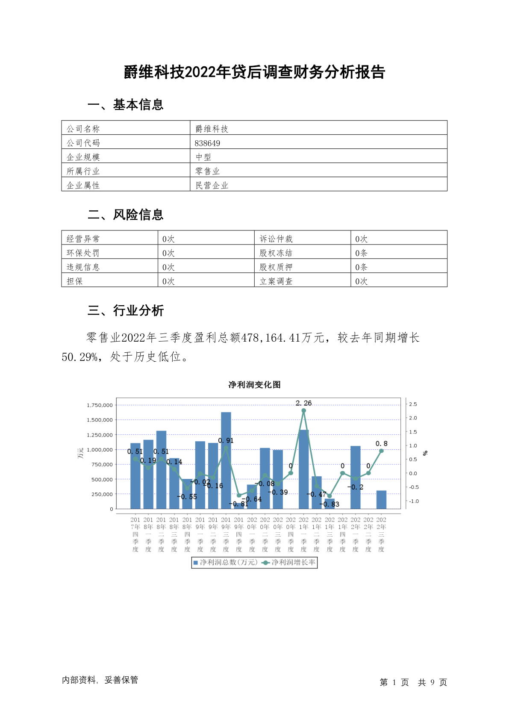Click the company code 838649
pos(207,143)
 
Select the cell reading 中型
pos(203,157)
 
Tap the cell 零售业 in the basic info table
pos(207,171)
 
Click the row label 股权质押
pos(276,267)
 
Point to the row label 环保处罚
pos(83,253)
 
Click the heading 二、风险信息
pos(126,214)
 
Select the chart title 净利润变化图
pos(254,385)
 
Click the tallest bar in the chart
pos(226,460)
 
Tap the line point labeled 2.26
pos(304,410)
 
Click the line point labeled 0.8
pos(381,451)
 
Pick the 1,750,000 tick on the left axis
pos(100,405)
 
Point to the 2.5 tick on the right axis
pos(413,404)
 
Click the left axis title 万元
pos(80,453)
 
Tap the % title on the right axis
pos(425,453)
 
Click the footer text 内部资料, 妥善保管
pos(100,680)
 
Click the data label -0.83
pos(330,505)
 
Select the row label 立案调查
pos(276,281)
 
